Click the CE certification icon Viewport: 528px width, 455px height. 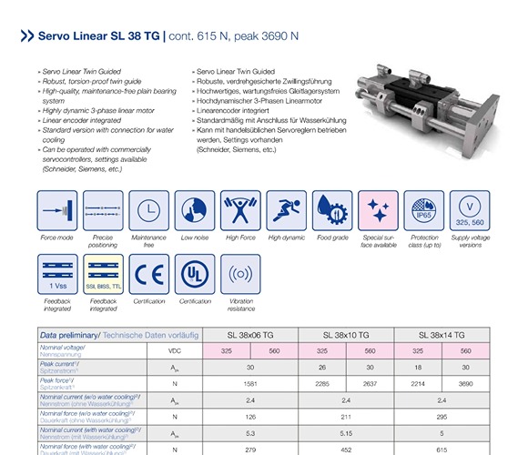pyautogui.click(x=148, y=274)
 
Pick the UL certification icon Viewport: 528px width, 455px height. pyautogui.click(x=195, y=274)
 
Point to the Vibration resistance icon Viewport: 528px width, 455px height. pyautogui.click(x=240, y=274)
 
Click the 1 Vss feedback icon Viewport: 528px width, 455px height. pyautogui.click(x=56, y=274)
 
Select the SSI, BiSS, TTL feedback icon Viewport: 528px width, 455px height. pyautogui.click(x=103, y=274)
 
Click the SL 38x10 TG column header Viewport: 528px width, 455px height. pyautogui.click(x=344, y=335)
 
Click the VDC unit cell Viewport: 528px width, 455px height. pyautogui.click(x=174, y=350)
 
